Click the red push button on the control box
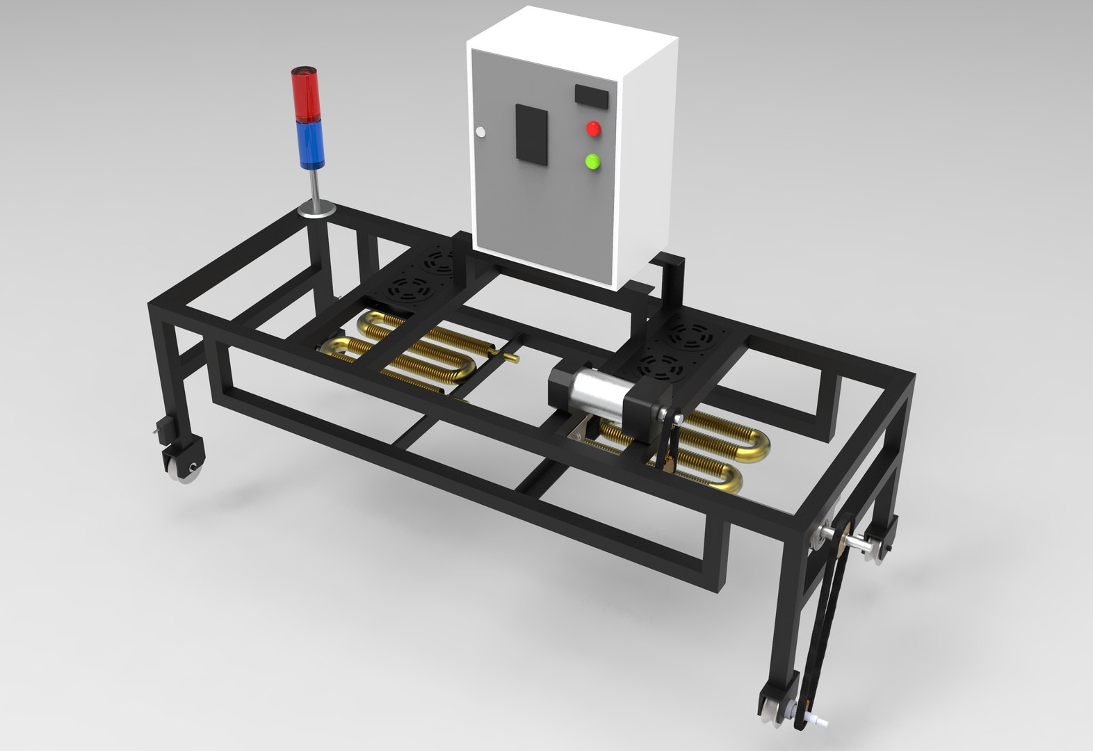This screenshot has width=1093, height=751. (593, 129)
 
